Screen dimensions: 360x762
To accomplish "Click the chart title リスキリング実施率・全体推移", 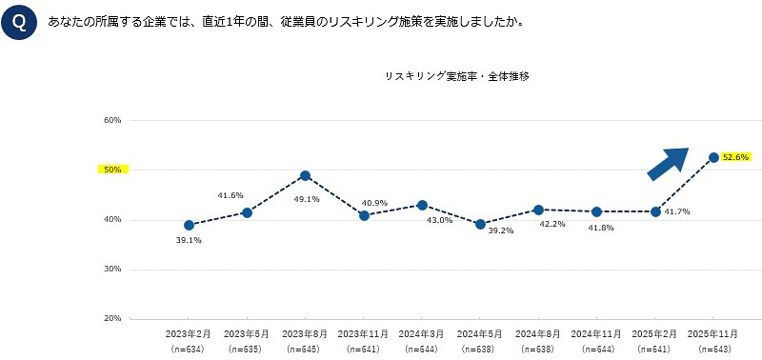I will coord(456,75).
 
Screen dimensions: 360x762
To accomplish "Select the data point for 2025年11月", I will coord(712,157).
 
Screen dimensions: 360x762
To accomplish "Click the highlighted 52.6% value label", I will coord(735,157).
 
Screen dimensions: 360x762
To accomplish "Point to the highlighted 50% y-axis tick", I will coord(112,170).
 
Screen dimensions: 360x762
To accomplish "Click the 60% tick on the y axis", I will coord(112,121).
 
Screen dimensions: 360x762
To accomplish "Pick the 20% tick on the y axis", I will coord(112,318).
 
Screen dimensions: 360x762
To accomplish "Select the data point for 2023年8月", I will coord(305,175).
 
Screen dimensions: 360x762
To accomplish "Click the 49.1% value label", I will coord(306,199).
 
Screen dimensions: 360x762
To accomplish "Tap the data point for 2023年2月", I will coord(189,226).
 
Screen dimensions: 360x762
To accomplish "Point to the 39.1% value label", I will coord(189,241).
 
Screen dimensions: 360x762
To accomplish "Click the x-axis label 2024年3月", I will coord(421,335).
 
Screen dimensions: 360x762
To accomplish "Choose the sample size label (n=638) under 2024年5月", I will coord(479,350).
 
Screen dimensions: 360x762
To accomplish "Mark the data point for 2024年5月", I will coord(479,225).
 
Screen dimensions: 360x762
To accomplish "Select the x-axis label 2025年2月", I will coord(654,335).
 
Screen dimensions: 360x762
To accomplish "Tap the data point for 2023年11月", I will coord(363,216).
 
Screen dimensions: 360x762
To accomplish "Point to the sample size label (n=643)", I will coord(712,350).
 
